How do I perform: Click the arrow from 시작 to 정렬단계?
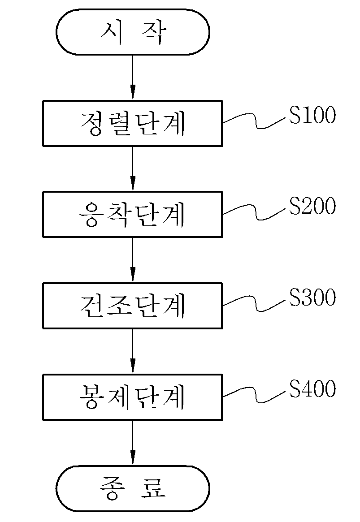(x=133, y=78)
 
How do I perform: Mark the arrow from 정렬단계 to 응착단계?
(x=133, y=169)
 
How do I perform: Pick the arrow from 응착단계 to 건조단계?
(x=133, y=260)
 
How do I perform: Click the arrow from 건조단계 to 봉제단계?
(x=133, y=351)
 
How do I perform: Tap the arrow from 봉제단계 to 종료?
(x=133, y=443)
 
